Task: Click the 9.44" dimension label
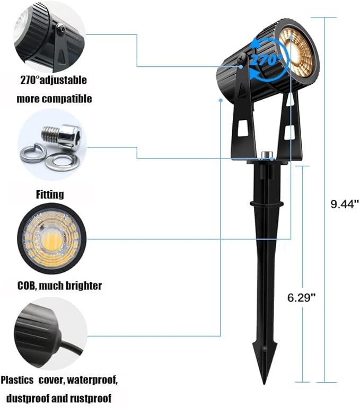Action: pos(345,204)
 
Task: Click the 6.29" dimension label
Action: pos(301,297)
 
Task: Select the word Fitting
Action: pos(50,194)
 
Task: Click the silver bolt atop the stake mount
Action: pos(266,155)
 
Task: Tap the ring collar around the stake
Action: pos(266,203)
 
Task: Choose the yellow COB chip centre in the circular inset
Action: pos(51,240)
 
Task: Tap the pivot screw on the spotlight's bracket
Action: pos(243,58)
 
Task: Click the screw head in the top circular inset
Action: pos(60,29)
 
